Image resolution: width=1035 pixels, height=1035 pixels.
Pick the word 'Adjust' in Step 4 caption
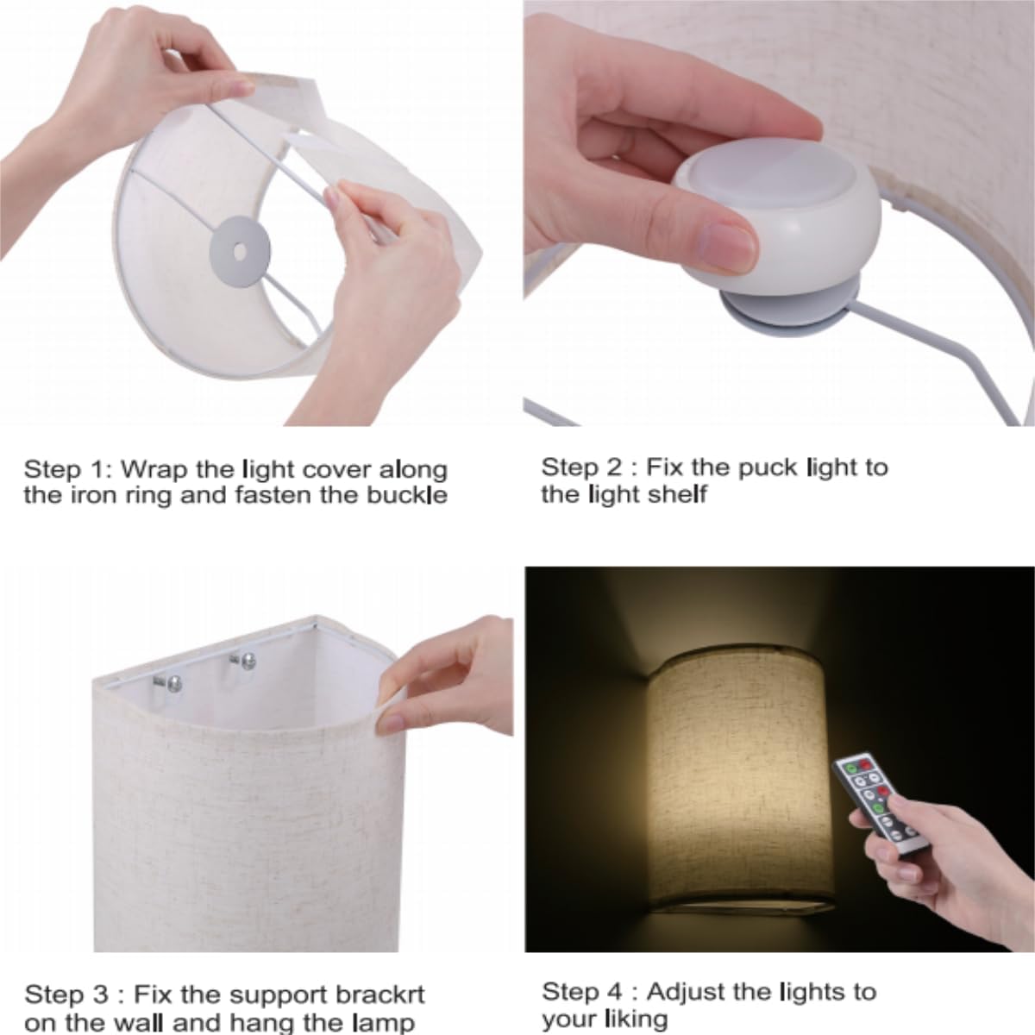point(687,992)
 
